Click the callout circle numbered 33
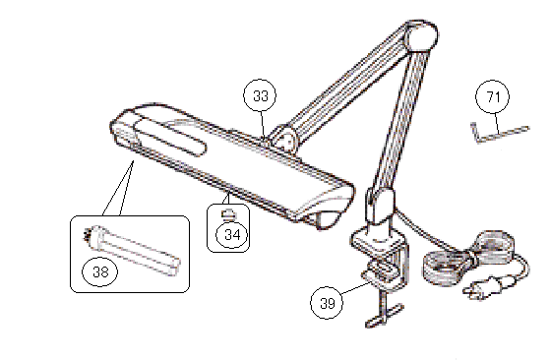pyautogui.click(x=260, y=95)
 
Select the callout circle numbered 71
pyautogui.click(x=493, y=97)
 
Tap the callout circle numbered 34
pyautogui.click(x=231, y=234)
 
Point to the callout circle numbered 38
pyautogui.click(x=100, y=271)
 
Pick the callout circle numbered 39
pyautogui.click(x=327, y=303)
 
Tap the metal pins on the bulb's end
pyautogui.click(x=86, y=235)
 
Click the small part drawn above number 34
pyautogui.click(x=228, y=213)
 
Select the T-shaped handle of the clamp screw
pyautogui.click(x=384, y=315)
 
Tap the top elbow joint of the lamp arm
pyautogui.click(x=421, y=36)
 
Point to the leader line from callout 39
pyautogui.click(x=355, y=289)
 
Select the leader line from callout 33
pyautogui.click(x=262, y=124)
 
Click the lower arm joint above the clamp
pyautogui.click(x=380, y=207)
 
